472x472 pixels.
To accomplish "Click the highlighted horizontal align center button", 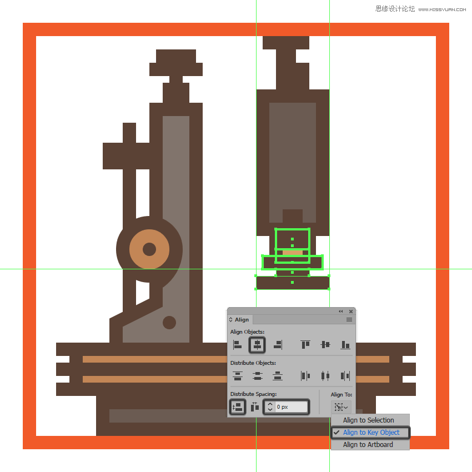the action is tap(257, 345).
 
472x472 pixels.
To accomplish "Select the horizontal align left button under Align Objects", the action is tap(237, 345).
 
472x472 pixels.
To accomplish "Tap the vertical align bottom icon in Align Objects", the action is tap(345, 345).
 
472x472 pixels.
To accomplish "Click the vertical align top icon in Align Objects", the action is tap(305, 344).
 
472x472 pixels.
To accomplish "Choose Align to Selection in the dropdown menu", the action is tap(368, 420).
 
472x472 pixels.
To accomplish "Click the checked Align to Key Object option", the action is tap(370, 433).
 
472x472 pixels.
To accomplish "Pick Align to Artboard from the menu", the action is tap(368, 445).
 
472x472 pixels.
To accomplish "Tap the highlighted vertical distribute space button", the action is tap(238, 407).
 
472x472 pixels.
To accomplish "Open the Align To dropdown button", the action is tap(341, 407).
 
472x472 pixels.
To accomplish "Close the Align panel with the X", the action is tap(351, 312).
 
